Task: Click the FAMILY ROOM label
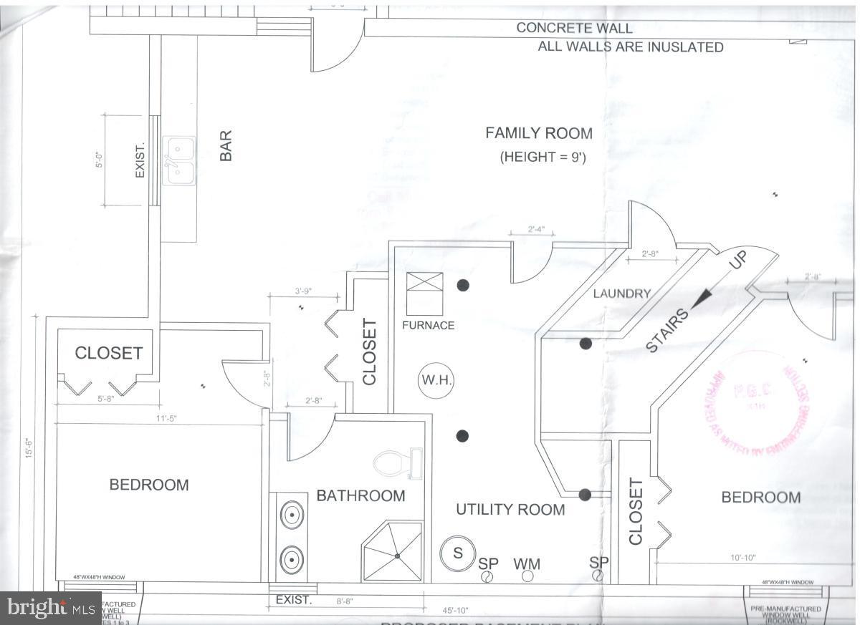[x=539, y=133]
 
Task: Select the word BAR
[x=226, y=145]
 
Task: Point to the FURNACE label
[x=428, y=325]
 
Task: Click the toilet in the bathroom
[x=393, y=463]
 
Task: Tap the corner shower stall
[x=393, y=551]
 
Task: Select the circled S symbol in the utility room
[x=457, y=553]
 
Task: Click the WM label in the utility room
[x=527, y=564]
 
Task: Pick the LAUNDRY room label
[x=621, y=294]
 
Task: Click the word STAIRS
[x=668, y=330]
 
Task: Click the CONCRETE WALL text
[x=574, y=29]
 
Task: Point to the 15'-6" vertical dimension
[x=29, y=449]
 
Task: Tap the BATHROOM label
[x=360, y=495]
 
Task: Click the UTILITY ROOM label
[x=510, y=510]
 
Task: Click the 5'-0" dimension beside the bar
[x=100, y=160]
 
